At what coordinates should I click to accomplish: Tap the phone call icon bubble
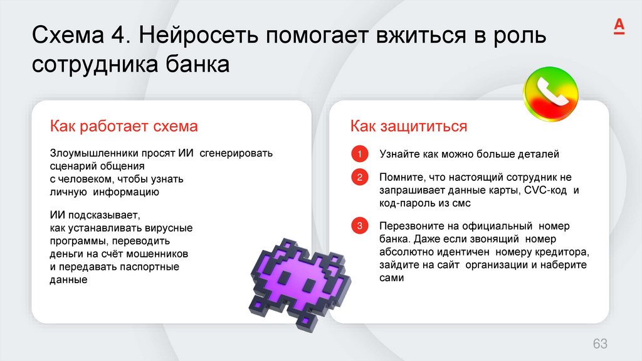[x=550, y=94]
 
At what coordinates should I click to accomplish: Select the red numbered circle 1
[x=360, y=154]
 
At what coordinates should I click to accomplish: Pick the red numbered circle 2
[x=360, y=178]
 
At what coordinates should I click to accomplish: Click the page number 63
[x=600, y=343]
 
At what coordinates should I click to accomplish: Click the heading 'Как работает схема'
[x=124, y=126]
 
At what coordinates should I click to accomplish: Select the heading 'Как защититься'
[x=409, y=126]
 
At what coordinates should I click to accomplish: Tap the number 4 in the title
[x=118, y=36]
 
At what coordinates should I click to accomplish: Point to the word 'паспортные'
[x=155, y=267]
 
